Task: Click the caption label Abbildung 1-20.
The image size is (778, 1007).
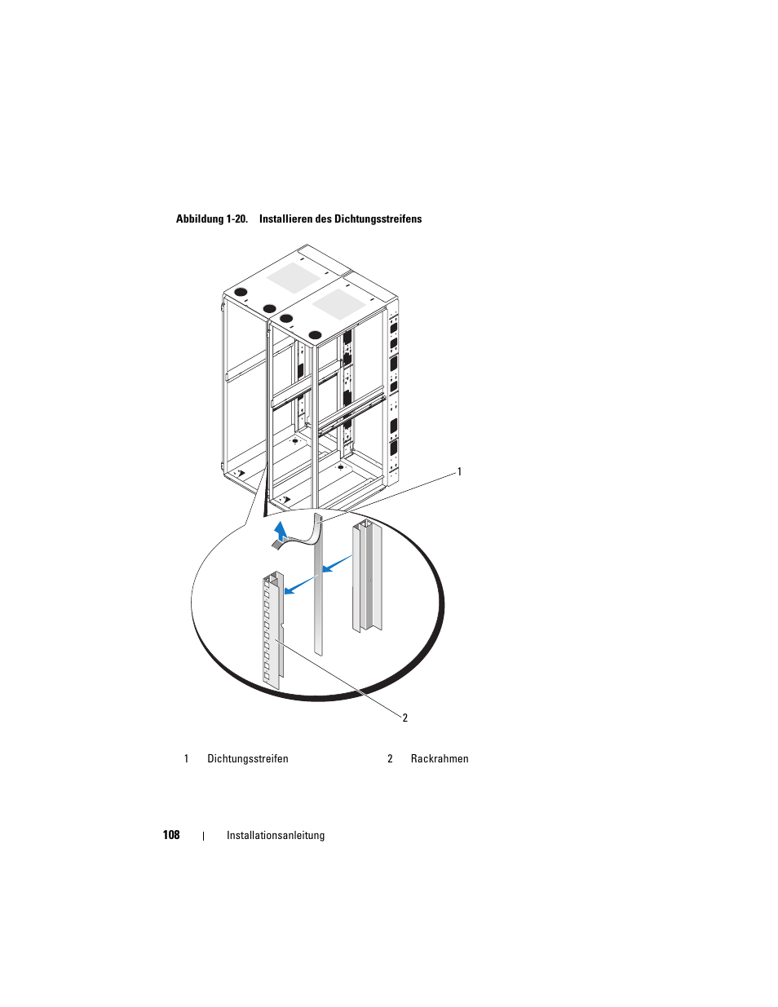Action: tap(212, 219)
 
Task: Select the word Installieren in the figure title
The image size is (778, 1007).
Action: tap(285, 219)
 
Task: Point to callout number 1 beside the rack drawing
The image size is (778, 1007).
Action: tap(459, 472)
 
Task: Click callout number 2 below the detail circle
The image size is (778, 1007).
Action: tap(405, 718)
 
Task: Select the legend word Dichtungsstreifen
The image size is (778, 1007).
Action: tap(248, 758)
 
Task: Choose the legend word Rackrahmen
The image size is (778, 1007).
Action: tap(440, 758)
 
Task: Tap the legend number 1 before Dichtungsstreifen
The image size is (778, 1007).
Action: tap(186, 758)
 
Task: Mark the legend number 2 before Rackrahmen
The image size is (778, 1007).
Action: tap(390, 758)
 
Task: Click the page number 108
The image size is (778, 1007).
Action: tap(171, 835)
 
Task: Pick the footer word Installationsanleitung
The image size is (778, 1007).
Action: tap(276, 835)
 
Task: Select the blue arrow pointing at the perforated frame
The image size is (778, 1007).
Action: tap(300, 585)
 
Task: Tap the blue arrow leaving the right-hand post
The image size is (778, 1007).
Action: tap(338, 563)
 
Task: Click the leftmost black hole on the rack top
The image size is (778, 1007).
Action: tap(241, 293)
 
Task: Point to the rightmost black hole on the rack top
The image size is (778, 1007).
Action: tap(315, 335)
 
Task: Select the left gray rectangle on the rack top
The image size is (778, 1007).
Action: tap(294, 277)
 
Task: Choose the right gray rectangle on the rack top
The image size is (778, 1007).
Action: tap(339, 304)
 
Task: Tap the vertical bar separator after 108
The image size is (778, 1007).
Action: tap(203, 836)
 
